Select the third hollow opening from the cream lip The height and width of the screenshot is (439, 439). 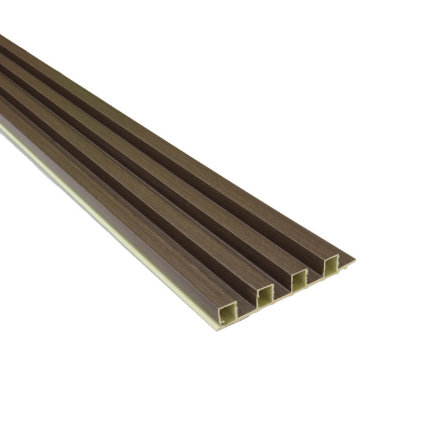(299, 281)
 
